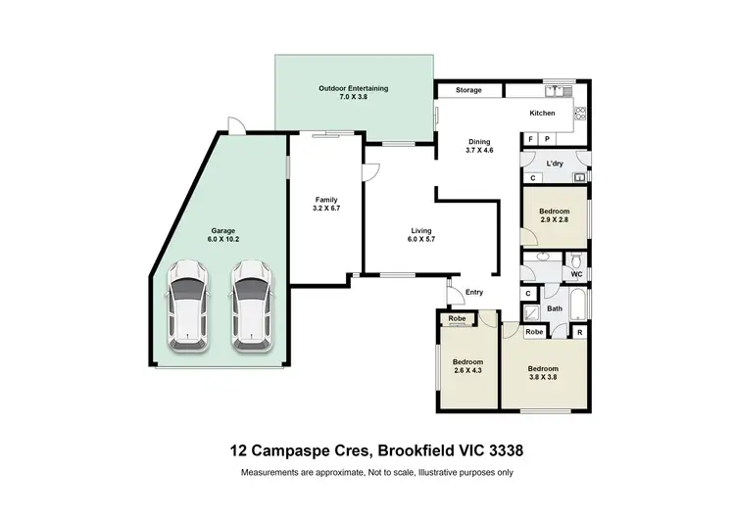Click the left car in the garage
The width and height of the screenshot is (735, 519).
[186, 306]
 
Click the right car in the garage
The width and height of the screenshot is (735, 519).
[251, 306]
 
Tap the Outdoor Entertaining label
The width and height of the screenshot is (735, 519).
[353, 89]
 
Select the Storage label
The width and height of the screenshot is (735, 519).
[468, 90]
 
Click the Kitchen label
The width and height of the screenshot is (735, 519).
[542, 114]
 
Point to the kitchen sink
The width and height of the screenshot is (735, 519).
[560, 91]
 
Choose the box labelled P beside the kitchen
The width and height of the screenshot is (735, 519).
[546, 140]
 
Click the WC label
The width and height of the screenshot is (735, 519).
[577, 274]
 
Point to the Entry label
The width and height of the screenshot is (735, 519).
[474, 292]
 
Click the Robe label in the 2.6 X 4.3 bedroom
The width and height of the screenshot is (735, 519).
[457, 319]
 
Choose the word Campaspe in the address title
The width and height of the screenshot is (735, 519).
[292, 451]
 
